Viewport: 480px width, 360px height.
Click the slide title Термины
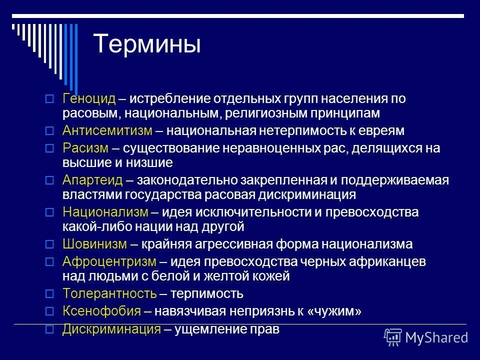click(x=147, y=44)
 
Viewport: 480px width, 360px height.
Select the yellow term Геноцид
click(x=89, y=99)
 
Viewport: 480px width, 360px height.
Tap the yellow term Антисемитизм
click(x=107, y=131)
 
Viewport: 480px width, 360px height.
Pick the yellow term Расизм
click(x=85, y=148)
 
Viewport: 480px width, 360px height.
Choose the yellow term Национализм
click(x=105, y=212)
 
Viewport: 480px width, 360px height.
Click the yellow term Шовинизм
click(x=95, y=244)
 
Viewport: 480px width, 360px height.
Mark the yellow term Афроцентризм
click(x=109, y=261)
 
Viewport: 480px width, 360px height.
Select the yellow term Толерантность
click(x=110, y=293)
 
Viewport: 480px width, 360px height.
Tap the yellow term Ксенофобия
click(x=102, y=311)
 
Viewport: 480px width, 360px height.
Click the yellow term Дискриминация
click(x=112, y=329)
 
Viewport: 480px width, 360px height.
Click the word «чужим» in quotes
click(x=334, y=311)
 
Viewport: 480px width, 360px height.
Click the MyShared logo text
click(x=436, y=337)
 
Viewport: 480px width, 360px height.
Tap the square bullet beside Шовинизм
click(x=49, y=244)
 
